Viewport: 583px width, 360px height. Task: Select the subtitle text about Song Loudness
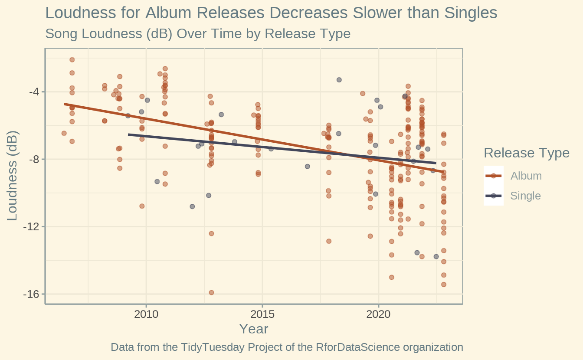point(197,33)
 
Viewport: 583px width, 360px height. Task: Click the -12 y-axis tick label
point(32,227)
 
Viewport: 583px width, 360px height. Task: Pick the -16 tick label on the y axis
point(32,294)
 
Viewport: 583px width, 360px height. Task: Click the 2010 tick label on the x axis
point(146,314)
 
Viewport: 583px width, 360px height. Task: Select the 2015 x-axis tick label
point(262,314)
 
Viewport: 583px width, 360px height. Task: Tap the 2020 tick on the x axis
point(379,314)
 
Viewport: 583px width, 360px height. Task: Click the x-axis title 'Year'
point(254,329)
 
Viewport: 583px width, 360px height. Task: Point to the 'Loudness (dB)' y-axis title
point(12,176)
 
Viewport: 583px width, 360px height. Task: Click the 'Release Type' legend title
point(526,153)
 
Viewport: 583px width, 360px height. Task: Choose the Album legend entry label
point(526,176)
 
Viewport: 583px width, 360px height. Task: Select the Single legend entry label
point(525,196)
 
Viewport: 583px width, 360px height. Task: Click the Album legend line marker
point(493,176)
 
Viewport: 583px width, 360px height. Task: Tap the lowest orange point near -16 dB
point(211,292)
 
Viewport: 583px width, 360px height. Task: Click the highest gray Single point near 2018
point(339,80)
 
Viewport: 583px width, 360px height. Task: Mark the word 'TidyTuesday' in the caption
point(210,347)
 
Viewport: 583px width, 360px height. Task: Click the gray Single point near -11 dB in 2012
point(192,206)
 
